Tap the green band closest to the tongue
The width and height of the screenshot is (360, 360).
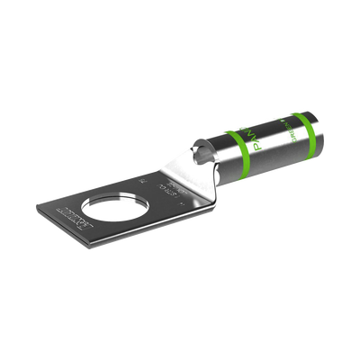pos(238,147)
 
